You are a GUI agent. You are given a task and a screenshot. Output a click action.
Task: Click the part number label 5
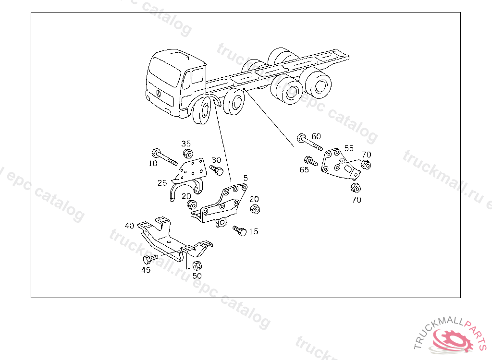pos(246,178)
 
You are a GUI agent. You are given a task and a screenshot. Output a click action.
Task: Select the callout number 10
pos(153,163)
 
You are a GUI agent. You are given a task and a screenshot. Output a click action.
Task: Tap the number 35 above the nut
pos(186,144)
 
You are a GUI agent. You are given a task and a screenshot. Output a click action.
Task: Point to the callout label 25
pos(162,183)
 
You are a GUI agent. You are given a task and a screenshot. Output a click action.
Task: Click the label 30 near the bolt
pos(216,160)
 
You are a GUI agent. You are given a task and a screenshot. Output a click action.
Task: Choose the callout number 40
pos(129,226)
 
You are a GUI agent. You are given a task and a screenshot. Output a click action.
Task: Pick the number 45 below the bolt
pos(146,270)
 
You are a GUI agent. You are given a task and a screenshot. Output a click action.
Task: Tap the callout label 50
pos(197,276)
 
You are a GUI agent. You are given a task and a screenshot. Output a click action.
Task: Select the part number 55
pos(349,148)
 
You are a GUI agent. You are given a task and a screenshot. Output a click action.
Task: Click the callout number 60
pos(316,136)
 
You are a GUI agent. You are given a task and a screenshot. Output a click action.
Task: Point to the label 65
pos(304,169)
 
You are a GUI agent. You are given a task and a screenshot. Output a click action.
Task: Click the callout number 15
pos(254,231)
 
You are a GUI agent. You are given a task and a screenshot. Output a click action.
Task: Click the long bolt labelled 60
pos(309,142)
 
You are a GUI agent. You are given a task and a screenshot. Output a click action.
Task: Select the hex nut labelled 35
pos(188,154)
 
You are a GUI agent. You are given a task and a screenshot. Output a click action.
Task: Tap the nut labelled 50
pos(197,265)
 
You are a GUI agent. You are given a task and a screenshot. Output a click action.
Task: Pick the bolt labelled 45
pos(150,259)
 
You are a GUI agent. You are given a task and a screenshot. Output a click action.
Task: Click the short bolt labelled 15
pos(240,230)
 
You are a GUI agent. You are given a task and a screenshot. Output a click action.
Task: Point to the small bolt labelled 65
pos(311,161)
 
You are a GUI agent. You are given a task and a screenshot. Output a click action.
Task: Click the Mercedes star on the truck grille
pos(159,94)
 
